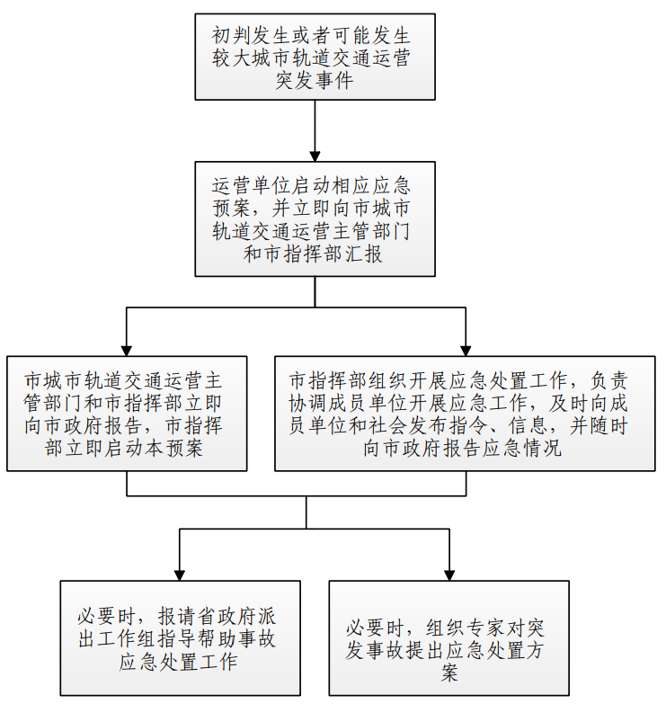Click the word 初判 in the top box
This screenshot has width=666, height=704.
coord(232,36)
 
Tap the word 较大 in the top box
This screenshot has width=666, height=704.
coord(232,58)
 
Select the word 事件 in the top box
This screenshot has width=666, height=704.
coord(334,81)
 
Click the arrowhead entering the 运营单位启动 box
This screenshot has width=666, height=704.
coord(315,156)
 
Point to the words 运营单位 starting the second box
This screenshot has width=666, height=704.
coord(252,186)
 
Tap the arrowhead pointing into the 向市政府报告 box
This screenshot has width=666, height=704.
coord(127,351)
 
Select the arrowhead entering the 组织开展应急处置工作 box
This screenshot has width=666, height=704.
coord(466,351)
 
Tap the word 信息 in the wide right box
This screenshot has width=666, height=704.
coord(528,425)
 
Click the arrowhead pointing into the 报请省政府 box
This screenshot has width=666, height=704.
coord(180,575)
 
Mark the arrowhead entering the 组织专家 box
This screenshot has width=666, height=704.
coord(449,575)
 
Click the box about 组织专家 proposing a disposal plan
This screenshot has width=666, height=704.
coord(449,638)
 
